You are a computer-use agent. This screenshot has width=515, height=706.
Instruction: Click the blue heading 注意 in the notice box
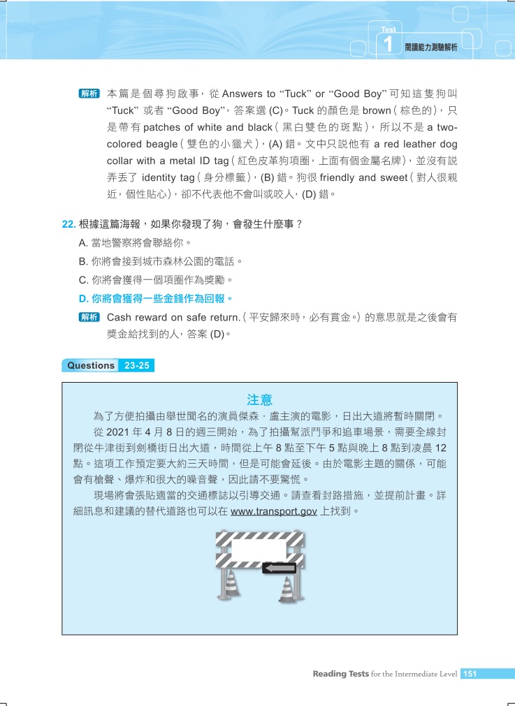(259, 400)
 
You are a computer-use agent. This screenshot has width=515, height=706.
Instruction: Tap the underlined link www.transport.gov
(274, 511)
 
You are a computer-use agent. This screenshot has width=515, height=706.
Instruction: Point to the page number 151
(470, 674)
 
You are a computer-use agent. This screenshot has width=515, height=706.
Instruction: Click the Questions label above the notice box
(90, 365)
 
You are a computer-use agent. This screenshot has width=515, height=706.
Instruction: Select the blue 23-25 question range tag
(137, 365)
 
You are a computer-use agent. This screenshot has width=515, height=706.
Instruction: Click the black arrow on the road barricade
(279, 568)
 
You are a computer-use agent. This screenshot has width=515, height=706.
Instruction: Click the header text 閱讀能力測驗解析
(430, 47)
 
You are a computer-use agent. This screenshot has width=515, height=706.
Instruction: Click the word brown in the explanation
(377, 110)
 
